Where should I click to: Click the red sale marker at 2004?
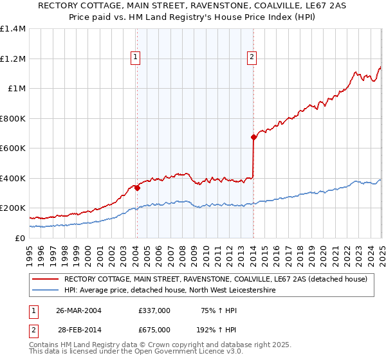coord(137,188)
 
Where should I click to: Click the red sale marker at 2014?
coord(253,137)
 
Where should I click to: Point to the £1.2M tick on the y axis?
coord(12,59)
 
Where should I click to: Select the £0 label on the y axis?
coord(19,238)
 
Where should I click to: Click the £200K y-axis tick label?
coord(12,208)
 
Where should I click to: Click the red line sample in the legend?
coord(45,279)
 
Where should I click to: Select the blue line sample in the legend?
coord(45,291)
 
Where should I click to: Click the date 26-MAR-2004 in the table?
coord(78,310)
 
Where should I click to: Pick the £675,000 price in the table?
coord(154,330)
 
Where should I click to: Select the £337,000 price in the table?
coord(154,310)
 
